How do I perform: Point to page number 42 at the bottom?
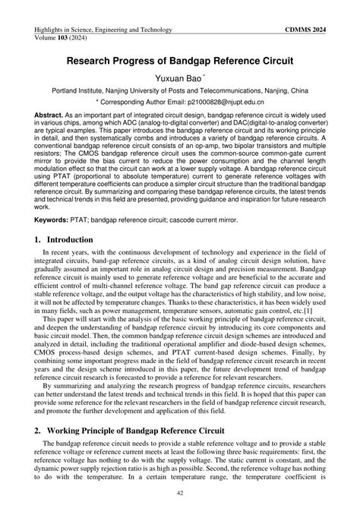click(180, 492)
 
